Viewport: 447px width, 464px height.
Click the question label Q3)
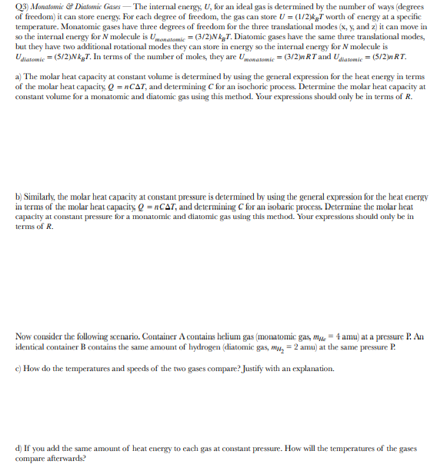point(24,7)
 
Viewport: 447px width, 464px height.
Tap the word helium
point(229,337)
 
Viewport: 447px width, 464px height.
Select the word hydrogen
point(184,347)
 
